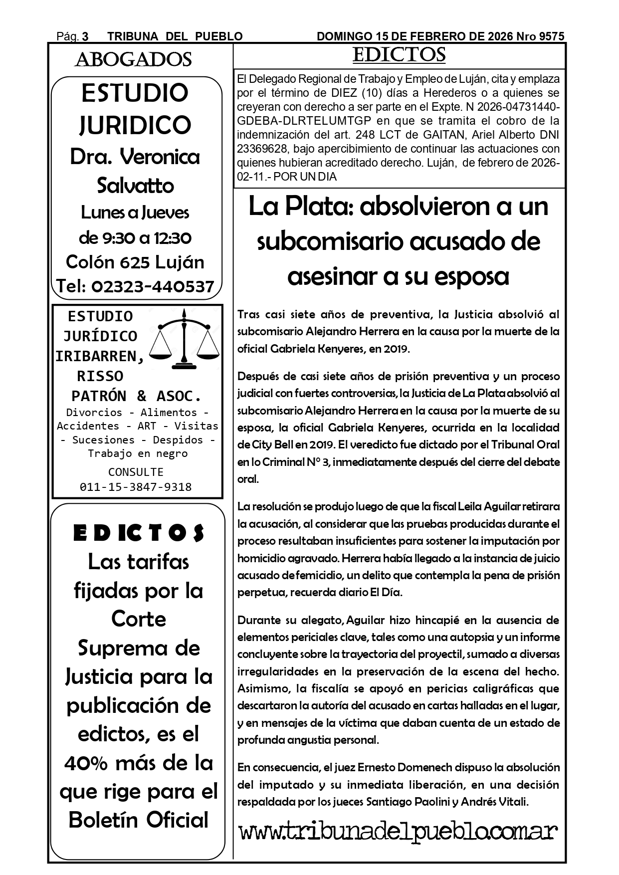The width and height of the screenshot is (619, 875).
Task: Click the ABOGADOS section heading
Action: tap(133, 59)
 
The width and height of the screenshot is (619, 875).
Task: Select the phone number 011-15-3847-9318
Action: tap(136, 487)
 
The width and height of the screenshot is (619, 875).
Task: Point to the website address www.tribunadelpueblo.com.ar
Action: tap(398, 832)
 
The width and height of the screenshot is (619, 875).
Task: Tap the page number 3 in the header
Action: tap(85, 36)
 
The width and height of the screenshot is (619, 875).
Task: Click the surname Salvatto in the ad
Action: tap(135, 186)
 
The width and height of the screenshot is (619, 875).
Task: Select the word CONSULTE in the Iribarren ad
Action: tap(136, 472)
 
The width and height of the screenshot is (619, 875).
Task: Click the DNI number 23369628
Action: tap(264, 149)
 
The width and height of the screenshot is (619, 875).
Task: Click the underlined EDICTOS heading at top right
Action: tap(399, 55)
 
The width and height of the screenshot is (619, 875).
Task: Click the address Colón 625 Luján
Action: tap(135, 262)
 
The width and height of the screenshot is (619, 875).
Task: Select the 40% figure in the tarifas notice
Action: tap(87, 763)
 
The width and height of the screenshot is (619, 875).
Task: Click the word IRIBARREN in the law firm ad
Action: tap(100, 356)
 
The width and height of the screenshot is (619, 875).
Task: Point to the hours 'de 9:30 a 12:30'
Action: tap(135, 237)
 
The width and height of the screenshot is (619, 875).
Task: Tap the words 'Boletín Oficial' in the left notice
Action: tap(138, 820)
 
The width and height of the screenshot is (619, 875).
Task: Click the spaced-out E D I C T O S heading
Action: tap(138, 533)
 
